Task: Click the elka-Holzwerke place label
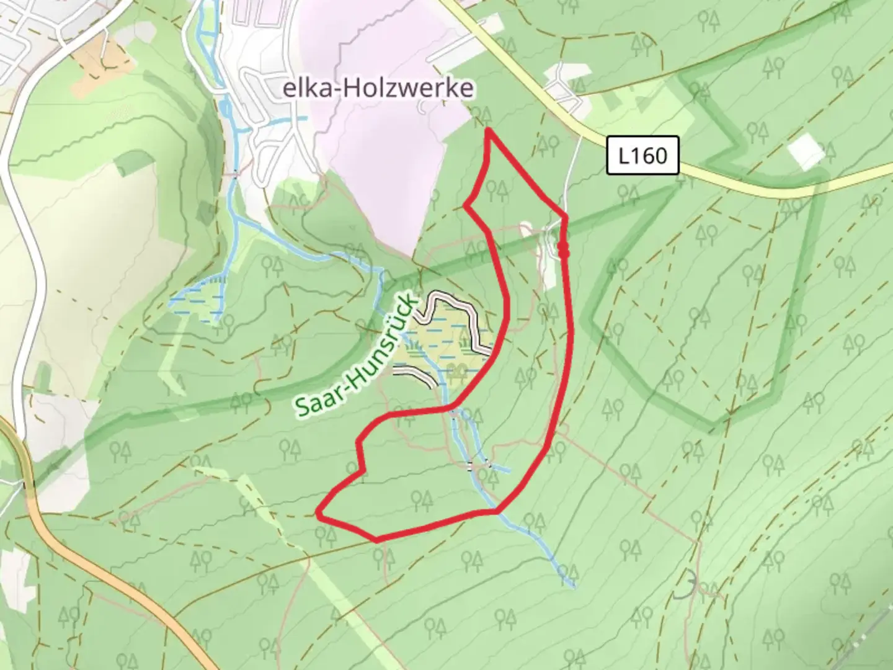point(378,89)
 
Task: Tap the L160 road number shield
point(642,155)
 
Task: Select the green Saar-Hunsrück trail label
point(355,355)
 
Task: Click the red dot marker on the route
point(564,249)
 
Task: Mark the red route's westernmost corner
point(319,514)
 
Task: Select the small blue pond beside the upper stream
point(225,110)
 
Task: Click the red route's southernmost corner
point(376,540)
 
